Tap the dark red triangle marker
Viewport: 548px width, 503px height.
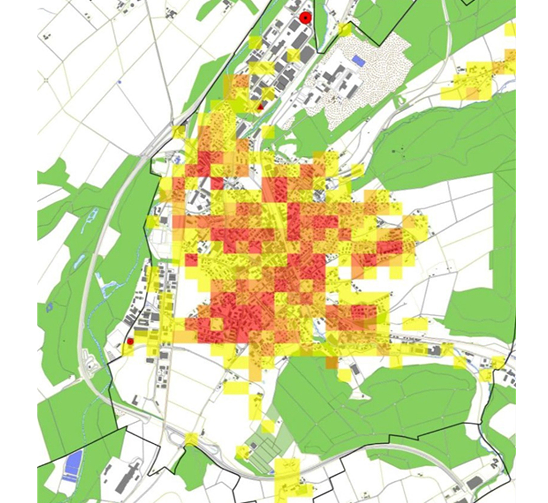(261, 107)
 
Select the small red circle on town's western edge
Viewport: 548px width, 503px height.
(130, 341)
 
